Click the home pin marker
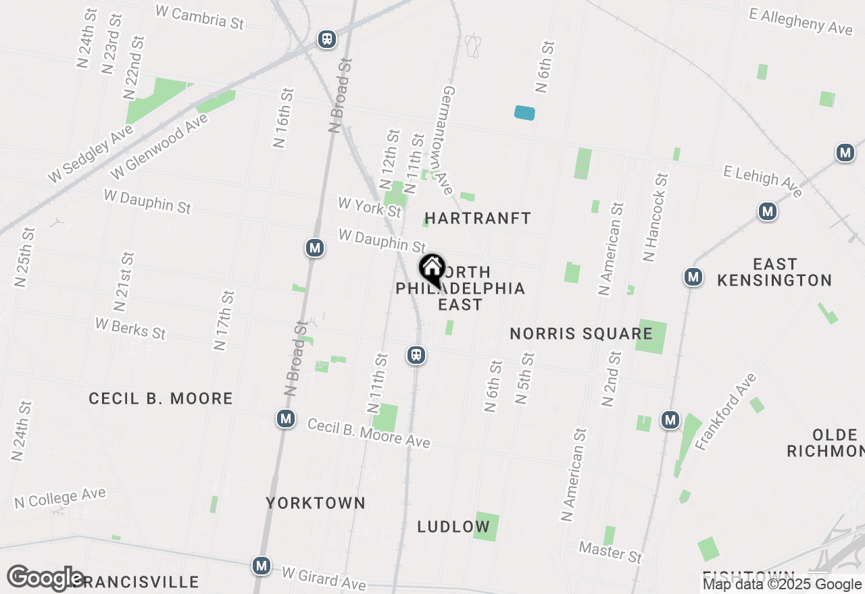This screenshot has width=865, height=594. pyautogui.click(x=432, y=269)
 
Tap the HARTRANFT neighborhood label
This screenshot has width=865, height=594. pyautogui.click(x=478, y=218)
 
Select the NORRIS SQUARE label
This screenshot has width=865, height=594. pyautogui.click(x=581, y=333)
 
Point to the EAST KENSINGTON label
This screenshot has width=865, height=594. pyautogui.click(x=774, y=272)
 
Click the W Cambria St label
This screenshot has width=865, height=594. pyautogui.click(x=199, y=16)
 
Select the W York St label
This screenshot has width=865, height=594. pyautogui.click(x=370, y=207)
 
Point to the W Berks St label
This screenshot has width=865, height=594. pyautogui.click(x=130, y=328)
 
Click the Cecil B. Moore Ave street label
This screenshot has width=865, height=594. pyautogui.click(x=368, y=433)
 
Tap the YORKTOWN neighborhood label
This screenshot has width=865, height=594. pyautogui.click(x=316, y=503)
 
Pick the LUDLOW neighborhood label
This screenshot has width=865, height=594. pyautogui.click(x=453, y=526)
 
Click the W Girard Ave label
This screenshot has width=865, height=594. pyautogui.click(x=324, y=578)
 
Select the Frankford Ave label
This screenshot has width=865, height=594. pyautogui.click(x=726, y=410)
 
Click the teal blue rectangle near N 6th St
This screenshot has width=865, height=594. pyautogui.click(x=524, y=113)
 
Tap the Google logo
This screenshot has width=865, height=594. pyautogui.click(x=46, y=578)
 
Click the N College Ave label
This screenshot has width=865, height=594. pyautogui.click(x=60, y=497)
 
